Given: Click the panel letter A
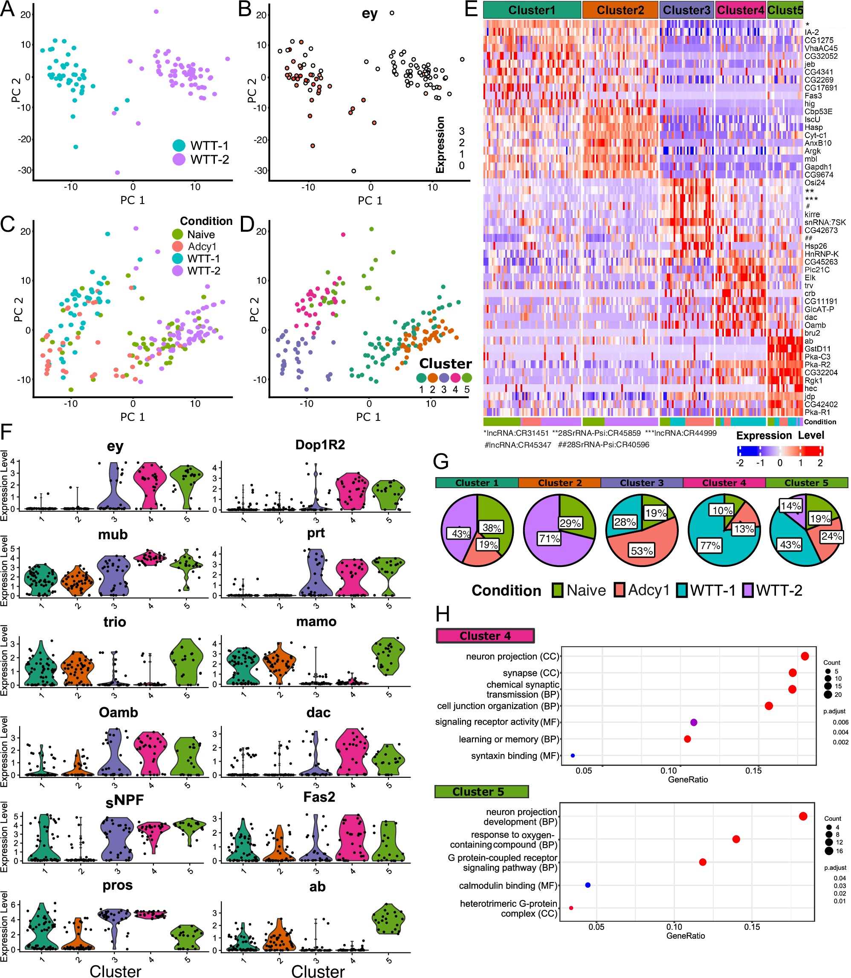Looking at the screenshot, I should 7,9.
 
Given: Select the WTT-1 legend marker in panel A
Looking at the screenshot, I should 179,145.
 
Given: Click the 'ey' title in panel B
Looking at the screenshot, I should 370,13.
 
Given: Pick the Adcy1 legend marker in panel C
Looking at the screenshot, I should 178,246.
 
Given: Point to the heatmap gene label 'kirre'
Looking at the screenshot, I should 812,214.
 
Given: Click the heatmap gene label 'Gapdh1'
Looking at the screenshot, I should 818,167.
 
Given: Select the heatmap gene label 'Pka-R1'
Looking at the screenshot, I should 817,412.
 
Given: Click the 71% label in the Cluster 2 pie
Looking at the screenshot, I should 549,538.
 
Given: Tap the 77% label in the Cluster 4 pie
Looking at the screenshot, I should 710,545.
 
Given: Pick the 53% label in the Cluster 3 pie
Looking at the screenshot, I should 642,550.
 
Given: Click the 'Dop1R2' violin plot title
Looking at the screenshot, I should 320,445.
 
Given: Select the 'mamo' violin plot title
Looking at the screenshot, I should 316,621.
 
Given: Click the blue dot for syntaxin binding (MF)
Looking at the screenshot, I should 573,756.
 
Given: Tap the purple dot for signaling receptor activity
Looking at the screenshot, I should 693,722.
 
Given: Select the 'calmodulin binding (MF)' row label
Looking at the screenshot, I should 508,886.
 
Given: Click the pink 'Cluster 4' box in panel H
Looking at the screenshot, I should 485,636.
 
